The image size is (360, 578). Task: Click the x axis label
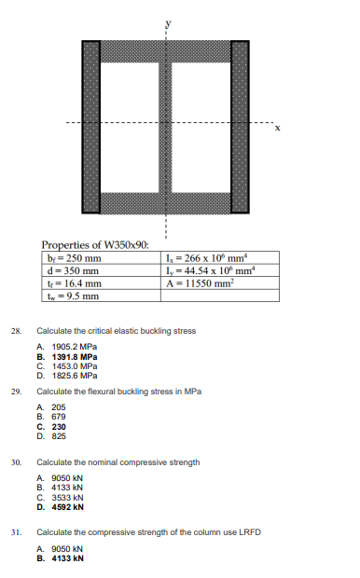pos(277,129)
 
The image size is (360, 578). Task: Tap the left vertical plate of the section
pos(91,127)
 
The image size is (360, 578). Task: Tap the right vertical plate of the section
pos(241,127)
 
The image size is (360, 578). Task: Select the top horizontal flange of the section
pos(165,50)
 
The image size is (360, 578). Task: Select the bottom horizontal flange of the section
pos(165,202)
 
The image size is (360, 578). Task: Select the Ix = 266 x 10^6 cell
pos(202,258)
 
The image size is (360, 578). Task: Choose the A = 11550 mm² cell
pos(198,283)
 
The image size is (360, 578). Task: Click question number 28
pos(15,330)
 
